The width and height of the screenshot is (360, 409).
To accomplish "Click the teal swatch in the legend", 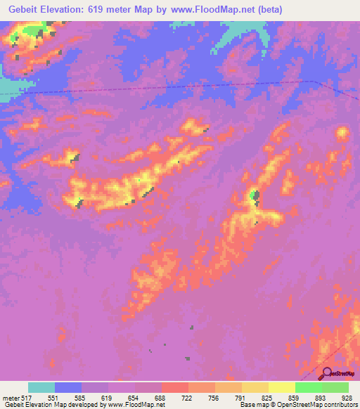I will (x=41, y=387).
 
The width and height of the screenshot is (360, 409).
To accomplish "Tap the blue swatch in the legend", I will (x=68, y=387).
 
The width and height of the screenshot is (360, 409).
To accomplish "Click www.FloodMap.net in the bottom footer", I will (x=131, y=405).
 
